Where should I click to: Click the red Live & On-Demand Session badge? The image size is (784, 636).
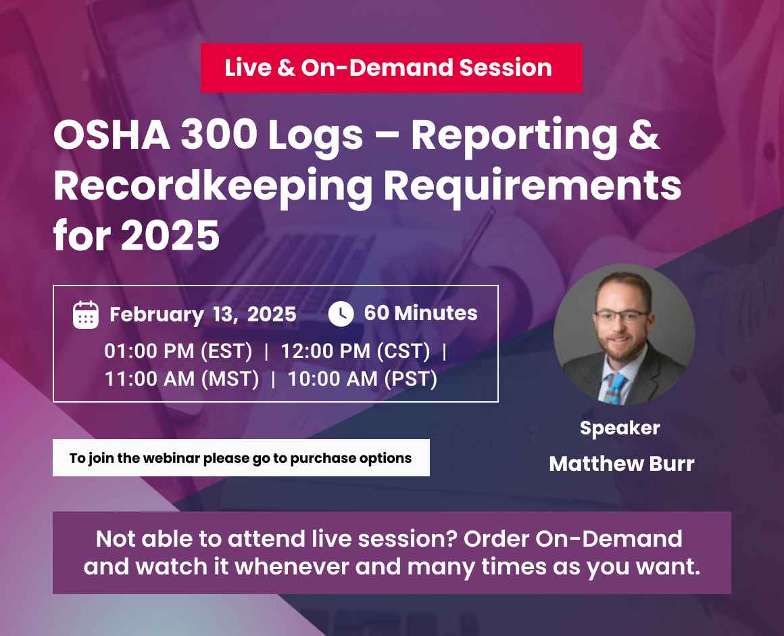pos(391,68)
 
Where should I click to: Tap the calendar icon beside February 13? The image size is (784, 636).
pos(86,315)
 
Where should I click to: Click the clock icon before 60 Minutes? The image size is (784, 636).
pos(341,314)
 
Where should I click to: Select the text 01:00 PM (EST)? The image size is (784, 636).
pos(178,352)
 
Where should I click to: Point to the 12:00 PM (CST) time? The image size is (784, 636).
pos(356,352)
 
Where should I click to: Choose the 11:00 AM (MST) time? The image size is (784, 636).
pos(182,379)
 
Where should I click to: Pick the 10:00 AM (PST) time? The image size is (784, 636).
pos(362,379)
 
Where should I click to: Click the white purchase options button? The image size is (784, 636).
pos(241,458)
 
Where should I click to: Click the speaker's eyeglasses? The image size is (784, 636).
pos(622,318)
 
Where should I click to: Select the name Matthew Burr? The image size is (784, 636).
pos(621,463)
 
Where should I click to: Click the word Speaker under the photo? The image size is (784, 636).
pos(620,428)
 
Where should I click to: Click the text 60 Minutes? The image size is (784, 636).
pos(420,313)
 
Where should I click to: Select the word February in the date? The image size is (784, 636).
pos(156,315)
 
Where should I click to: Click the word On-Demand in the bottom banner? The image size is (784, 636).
pos(608,539)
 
